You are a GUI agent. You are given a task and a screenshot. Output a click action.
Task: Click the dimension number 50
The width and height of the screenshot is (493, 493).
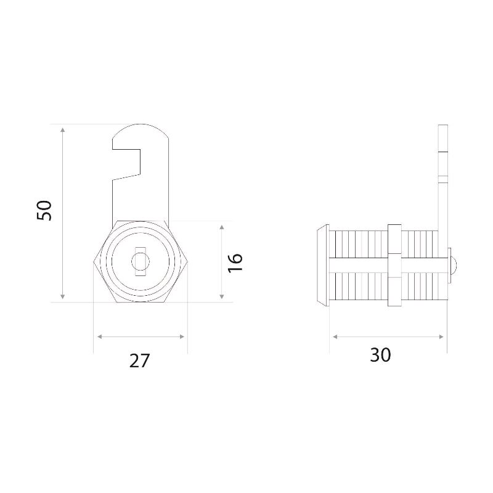pyautogui.click(x=44, y=210)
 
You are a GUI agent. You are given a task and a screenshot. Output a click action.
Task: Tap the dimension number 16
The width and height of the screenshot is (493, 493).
pyautogui.click(x=235, y=263)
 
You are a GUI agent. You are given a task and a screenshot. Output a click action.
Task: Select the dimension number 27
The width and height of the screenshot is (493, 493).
pyautogui.click(x=140, y=361)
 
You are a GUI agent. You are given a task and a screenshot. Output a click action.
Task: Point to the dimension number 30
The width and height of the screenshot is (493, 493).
pyautogui.click(x=380, y=355)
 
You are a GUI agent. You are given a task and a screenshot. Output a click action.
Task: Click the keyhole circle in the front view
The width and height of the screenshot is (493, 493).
pyautogui.click(x=141, y=261)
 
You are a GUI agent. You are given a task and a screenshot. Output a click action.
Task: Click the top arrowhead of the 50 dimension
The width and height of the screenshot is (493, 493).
pyautogui.click(x=63, y=130)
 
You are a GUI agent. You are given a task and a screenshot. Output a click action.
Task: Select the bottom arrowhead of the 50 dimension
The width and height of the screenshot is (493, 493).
pyautogui.click(x=63, y=296)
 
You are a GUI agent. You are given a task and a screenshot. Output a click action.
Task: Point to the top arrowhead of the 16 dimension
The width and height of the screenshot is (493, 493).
pyautogui.click(x=222, y=227)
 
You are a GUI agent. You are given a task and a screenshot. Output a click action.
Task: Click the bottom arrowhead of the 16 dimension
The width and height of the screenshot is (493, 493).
pyautogui.click(x=222, y=296)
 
